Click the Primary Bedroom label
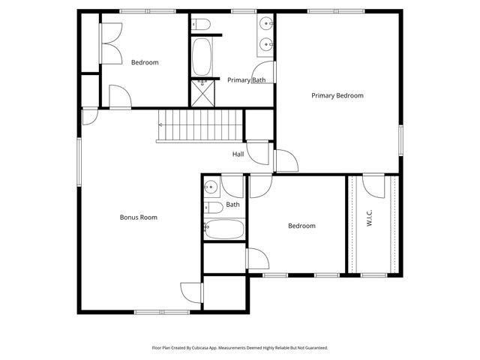(337, 95)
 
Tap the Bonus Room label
(138, 217)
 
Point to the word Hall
(238, 154)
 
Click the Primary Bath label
(246, 80)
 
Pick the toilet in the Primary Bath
(202, 27)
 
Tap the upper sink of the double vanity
(268, 25)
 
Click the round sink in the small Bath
(211, 187)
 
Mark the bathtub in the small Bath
(223, 229)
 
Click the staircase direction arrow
(160, 124)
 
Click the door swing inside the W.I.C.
(373, 184)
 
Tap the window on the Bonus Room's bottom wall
(161, 311)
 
